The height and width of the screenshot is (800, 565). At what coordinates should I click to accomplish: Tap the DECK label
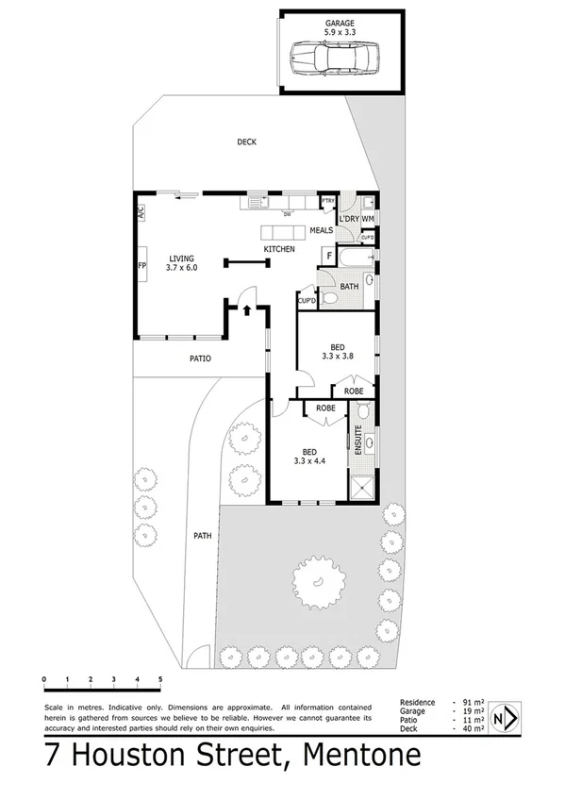[x=246, y=142]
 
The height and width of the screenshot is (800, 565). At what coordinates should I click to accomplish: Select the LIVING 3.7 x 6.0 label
[x=181, y=262]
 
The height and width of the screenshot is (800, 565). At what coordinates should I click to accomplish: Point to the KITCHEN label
[x=279, y=249]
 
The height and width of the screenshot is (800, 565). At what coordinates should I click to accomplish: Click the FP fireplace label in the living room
[x=141, y=266]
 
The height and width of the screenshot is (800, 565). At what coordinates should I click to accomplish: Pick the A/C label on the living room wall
[x=141, y=211]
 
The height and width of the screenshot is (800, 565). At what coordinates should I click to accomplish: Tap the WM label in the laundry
[x=368, y=219]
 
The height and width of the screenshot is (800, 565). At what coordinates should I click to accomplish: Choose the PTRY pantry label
[x=328, y=201]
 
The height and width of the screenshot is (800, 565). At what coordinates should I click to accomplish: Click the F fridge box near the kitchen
[x=328, y=254]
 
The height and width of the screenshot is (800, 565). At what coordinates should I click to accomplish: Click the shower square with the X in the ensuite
[x=362, y=488]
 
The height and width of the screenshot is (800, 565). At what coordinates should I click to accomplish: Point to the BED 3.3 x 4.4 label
[x=309, y=456]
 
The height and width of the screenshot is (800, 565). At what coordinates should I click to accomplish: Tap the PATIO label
[x=199, y=358]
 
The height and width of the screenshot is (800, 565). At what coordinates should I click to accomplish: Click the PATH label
[x=202, y=536]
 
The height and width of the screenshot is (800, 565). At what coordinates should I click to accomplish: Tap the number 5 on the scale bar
[x=160, y=679]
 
